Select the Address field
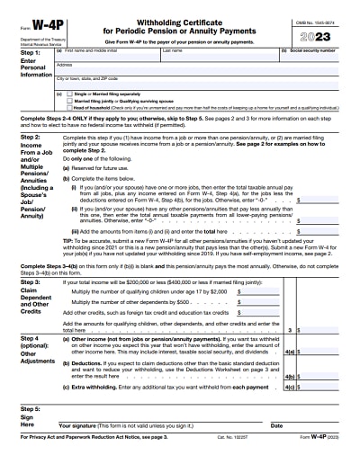180,70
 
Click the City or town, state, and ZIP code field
180,83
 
